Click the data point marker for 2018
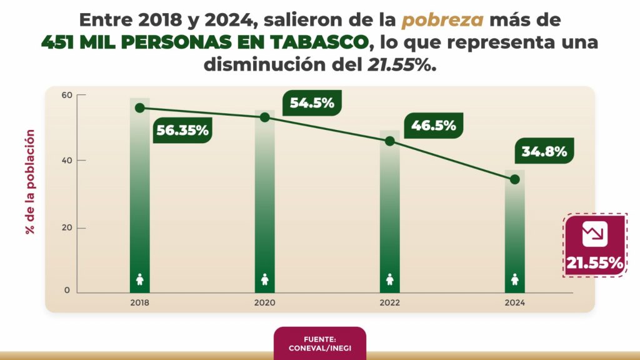pyautogui.click(x=139, y=108)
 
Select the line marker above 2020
pyautogui.click(x=264, y=117)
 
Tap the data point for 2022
pyautogui.click(x=390, y=141)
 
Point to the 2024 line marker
pyautogui.click(x=515, y=179)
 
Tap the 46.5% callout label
pyautogui.click(x=433, y=125)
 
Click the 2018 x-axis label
pyautogui.click(x=139, y=302)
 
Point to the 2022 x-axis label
pyautogui.click(x=390, y=302)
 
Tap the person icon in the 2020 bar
pyautogui.click(x=264, y=279)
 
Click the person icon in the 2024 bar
pyautogui.click(x=515, y=279)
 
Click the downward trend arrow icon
pyautogui.click(x=594, y=234)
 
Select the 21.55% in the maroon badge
pyautogui.click(x=595, y=263)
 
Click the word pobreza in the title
pyautogui.click(x=442, y=20)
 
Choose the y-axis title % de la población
pyautogui.click(x=30, y=181)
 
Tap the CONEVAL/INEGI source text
pyautogui.click(x=319, y=347)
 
